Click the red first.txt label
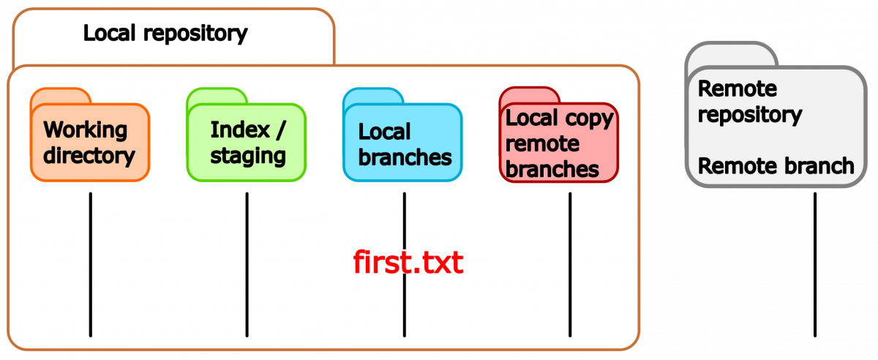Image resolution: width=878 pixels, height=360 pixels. pyautogui.click(x=408, y=262)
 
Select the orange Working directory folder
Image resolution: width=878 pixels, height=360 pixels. pyautogui.click(x=90, y=135)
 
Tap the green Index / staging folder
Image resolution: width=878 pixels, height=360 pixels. pyautogui.click(x=246, y=135)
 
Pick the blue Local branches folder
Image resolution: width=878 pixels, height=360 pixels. pyautogui.click(x=402, y=135)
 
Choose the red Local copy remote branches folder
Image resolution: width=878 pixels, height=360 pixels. pyautogui.click(x=559, y=135)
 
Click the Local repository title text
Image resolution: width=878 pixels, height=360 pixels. pyautogui.click(x=165, y=34)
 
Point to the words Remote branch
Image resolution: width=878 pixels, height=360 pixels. pyautogui.click(x=776, y=165)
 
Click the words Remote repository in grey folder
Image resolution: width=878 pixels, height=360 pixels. pyautogui.click(x=750, y=102)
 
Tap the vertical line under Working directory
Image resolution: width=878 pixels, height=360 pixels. pyautogui.click(x=91, y=264)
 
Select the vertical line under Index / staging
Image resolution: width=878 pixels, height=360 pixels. pyautogui.click(x=247, y=264)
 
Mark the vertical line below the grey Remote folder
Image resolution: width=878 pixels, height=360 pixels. pyautogui.click(x=815, y=264)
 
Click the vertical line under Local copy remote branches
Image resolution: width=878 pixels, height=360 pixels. pyautogui.click(x=570, y=264)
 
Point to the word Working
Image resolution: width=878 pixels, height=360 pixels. pyautogui.click(x=86, y=130)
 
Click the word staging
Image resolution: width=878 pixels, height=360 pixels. pyautogui.click(x=248, y=157)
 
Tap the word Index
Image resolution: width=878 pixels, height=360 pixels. pyautogui.click(x=240, y=130)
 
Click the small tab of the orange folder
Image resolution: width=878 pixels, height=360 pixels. pyautogui.click(x=61, y=96)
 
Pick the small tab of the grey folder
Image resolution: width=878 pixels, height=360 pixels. pyautogui.click(x=732, y=54)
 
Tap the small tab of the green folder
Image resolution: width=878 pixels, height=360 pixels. pyautogui.click(x=217, y=96)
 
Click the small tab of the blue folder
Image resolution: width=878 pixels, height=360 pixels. pyautogui.click(x=373, y=96)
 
